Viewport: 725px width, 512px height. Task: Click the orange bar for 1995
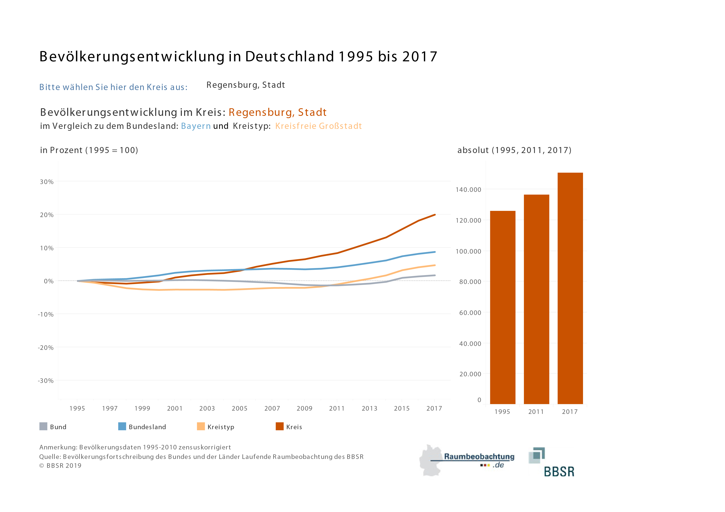(502, 307)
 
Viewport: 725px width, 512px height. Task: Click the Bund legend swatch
(43, 426)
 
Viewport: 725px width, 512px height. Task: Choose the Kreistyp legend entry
(216, 426)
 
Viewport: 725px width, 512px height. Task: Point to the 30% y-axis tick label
(47, 182)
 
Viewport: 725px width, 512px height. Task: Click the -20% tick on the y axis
(46, 348)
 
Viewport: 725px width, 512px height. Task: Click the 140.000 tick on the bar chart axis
(468, 190)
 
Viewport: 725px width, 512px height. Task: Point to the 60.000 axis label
(470, 313)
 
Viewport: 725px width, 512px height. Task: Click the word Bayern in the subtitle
(196, 126)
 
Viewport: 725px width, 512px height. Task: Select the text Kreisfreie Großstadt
(318, 126)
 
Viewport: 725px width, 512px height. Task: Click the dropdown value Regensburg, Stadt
(246, 85)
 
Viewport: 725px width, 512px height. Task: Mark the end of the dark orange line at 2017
(435, 215)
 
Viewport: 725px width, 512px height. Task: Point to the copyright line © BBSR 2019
(60, 466)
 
